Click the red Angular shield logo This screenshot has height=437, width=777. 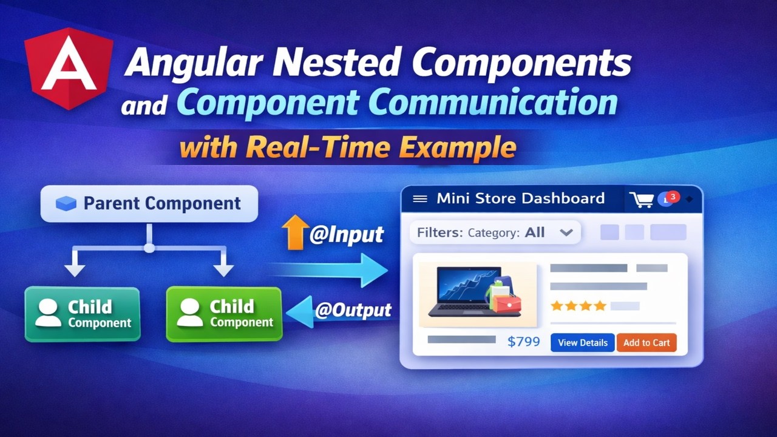[68, 67]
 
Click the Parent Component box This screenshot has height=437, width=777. [149, 204]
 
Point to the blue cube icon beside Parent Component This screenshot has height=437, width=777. [66, 204]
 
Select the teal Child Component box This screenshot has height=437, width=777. [82, 314]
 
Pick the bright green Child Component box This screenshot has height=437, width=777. [224, 314]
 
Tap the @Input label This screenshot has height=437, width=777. [347, 235]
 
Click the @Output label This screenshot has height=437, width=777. [353, 310]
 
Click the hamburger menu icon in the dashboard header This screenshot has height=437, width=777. [420, 198]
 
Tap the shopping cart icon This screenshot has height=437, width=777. [642, 200]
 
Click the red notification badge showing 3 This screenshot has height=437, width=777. [673, 197]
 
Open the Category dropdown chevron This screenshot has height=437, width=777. [566, 232]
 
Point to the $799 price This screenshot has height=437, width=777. [523, 342]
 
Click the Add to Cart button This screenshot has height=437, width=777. [646, 342]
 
